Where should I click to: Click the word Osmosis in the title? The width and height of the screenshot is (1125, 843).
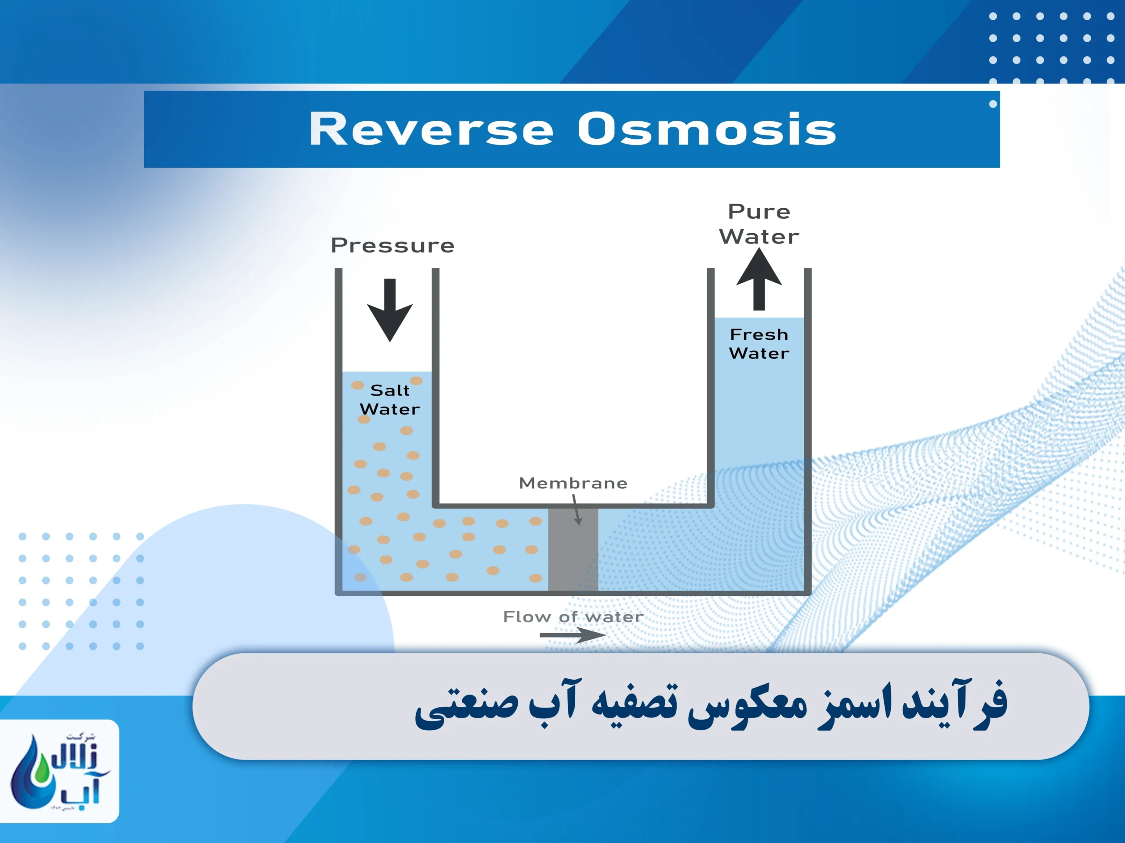click(707, 129)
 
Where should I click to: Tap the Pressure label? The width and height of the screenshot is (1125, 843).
click(392, 245)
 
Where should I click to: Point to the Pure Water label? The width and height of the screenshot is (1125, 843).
click(759, 223)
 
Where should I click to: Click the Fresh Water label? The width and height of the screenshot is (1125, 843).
click(759, 343)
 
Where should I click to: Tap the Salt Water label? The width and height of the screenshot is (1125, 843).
click(390, 400)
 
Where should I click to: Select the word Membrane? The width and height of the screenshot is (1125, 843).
click(573, 483)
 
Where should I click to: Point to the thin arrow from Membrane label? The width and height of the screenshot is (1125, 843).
click(576, 510)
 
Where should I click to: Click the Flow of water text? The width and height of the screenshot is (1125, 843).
click(573, 616)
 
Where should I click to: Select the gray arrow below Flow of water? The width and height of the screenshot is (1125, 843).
click(573, 634)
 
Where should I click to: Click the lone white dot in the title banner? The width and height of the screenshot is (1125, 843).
click(993, 104)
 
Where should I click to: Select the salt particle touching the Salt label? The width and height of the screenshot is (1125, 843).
click(416, 381)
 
